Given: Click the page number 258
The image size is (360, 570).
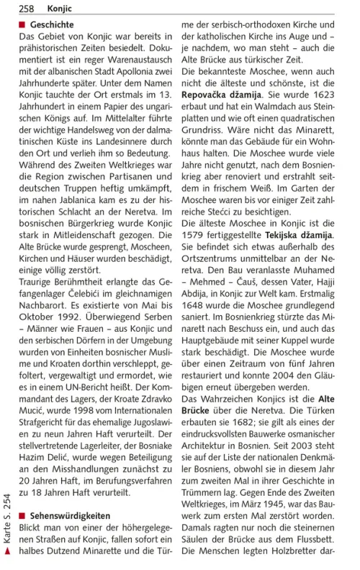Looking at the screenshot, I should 27,8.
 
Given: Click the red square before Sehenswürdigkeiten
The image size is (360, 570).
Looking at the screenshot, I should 22,515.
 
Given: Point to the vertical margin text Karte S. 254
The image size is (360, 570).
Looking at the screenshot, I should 7,519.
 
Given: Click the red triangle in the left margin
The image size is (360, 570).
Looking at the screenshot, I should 7,551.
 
